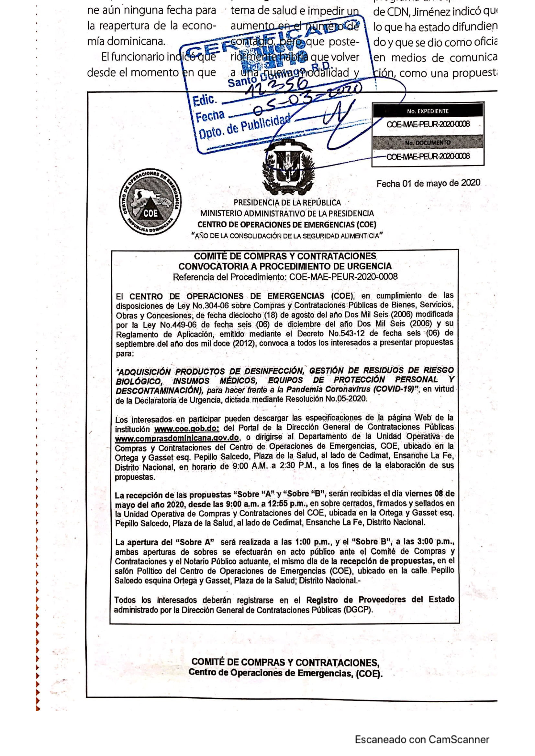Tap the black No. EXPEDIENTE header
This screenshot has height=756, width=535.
pos(428,111)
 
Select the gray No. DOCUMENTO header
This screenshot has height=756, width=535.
pos(428,143)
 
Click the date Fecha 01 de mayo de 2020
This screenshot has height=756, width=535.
pos(428,183)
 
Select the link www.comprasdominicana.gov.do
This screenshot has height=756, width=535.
pos(177,438)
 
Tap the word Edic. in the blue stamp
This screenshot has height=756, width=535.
pos(205,100)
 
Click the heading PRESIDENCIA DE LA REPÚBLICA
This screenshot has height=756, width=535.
pos(287,203)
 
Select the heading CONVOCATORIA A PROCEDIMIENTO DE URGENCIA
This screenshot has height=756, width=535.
pos(285,266)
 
